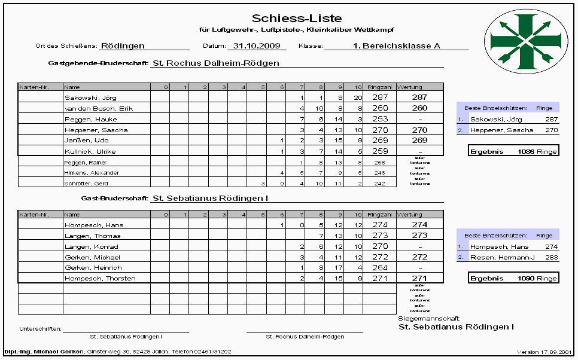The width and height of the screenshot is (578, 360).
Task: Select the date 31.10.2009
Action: [256, 45]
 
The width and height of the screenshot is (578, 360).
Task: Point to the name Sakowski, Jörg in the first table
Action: [90, 97]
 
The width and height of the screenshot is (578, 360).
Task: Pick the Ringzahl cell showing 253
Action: [380, 119]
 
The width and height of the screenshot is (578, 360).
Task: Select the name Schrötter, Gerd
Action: [87, 184]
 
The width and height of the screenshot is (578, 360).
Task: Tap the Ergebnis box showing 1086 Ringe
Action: [513, 151]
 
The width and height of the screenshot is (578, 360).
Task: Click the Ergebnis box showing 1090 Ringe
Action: [513, 278]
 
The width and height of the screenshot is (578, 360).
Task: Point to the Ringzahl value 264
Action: [380, 268]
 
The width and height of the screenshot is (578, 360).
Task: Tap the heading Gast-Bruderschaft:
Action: [114, 197]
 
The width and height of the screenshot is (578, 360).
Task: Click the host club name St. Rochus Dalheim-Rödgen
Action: [216, 62]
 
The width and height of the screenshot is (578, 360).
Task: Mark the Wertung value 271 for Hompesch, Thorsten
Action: [420, 279]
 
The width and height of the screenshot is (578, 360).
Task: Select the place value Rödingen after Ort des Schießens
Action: [123, 45]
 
